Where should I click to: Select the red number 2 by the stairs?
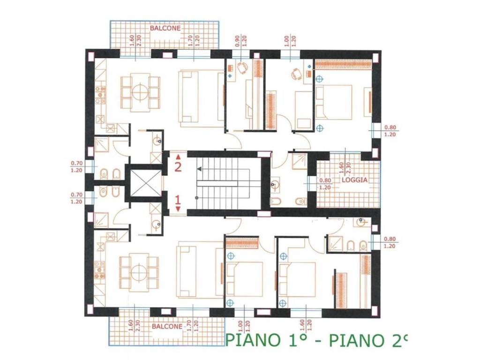pos(178,165)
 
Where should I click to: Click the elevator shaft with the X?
pos(146,182)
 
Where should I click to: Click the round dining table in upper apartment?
pos(140,91)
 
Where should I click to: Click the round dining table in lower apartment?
pos(139,272)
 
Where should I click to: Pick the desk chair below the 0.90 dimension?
pos(242,68)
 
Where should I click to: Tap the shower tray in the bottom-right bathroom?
pos(335,243)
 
